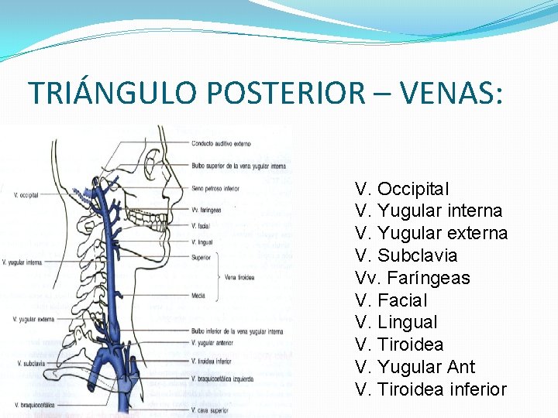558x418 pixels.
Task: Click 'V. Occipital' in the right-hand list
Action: coord(401,189)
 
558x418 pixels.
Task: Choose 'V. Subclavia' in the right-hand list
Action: coord(406,255)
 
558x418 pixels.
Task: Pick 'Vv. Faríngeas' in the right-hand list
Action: coord(412,278)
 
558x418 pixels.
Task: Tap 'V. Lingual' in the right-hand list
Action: coord(395,322)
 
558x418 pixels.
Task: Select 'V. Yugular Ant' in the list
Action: coord(415,367)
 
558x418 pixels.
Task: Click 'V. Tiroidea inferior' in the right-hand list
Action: coord(430,389)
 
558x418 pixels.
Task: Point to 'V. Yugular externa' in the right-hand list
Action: coord(431,233)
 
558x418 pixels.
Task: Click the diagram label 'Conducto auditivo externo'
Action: coord(222,144)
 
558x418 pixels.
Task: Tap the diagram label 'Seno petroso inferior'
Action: coord(216,188)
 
